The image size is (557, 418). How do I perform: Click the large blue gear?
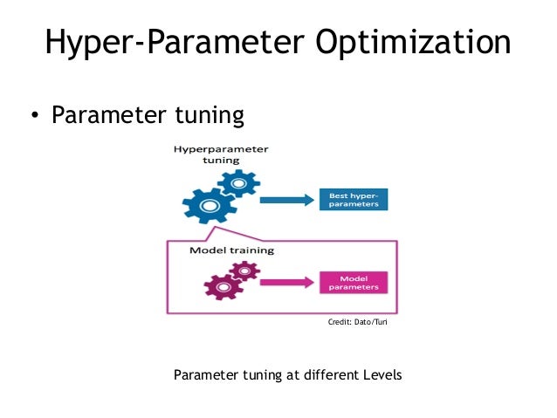(208, 206)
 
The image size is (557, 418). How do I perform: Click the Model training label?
(231, 250)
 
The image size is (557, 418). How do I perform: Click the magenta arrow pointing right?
(286, 282)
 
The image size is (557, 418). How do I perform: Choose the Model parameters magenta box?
(354, 282)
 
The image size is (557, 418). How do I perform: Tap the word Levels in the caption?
(382, 376)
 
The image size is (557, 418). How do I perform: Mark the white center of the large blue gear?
(208, 207)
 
